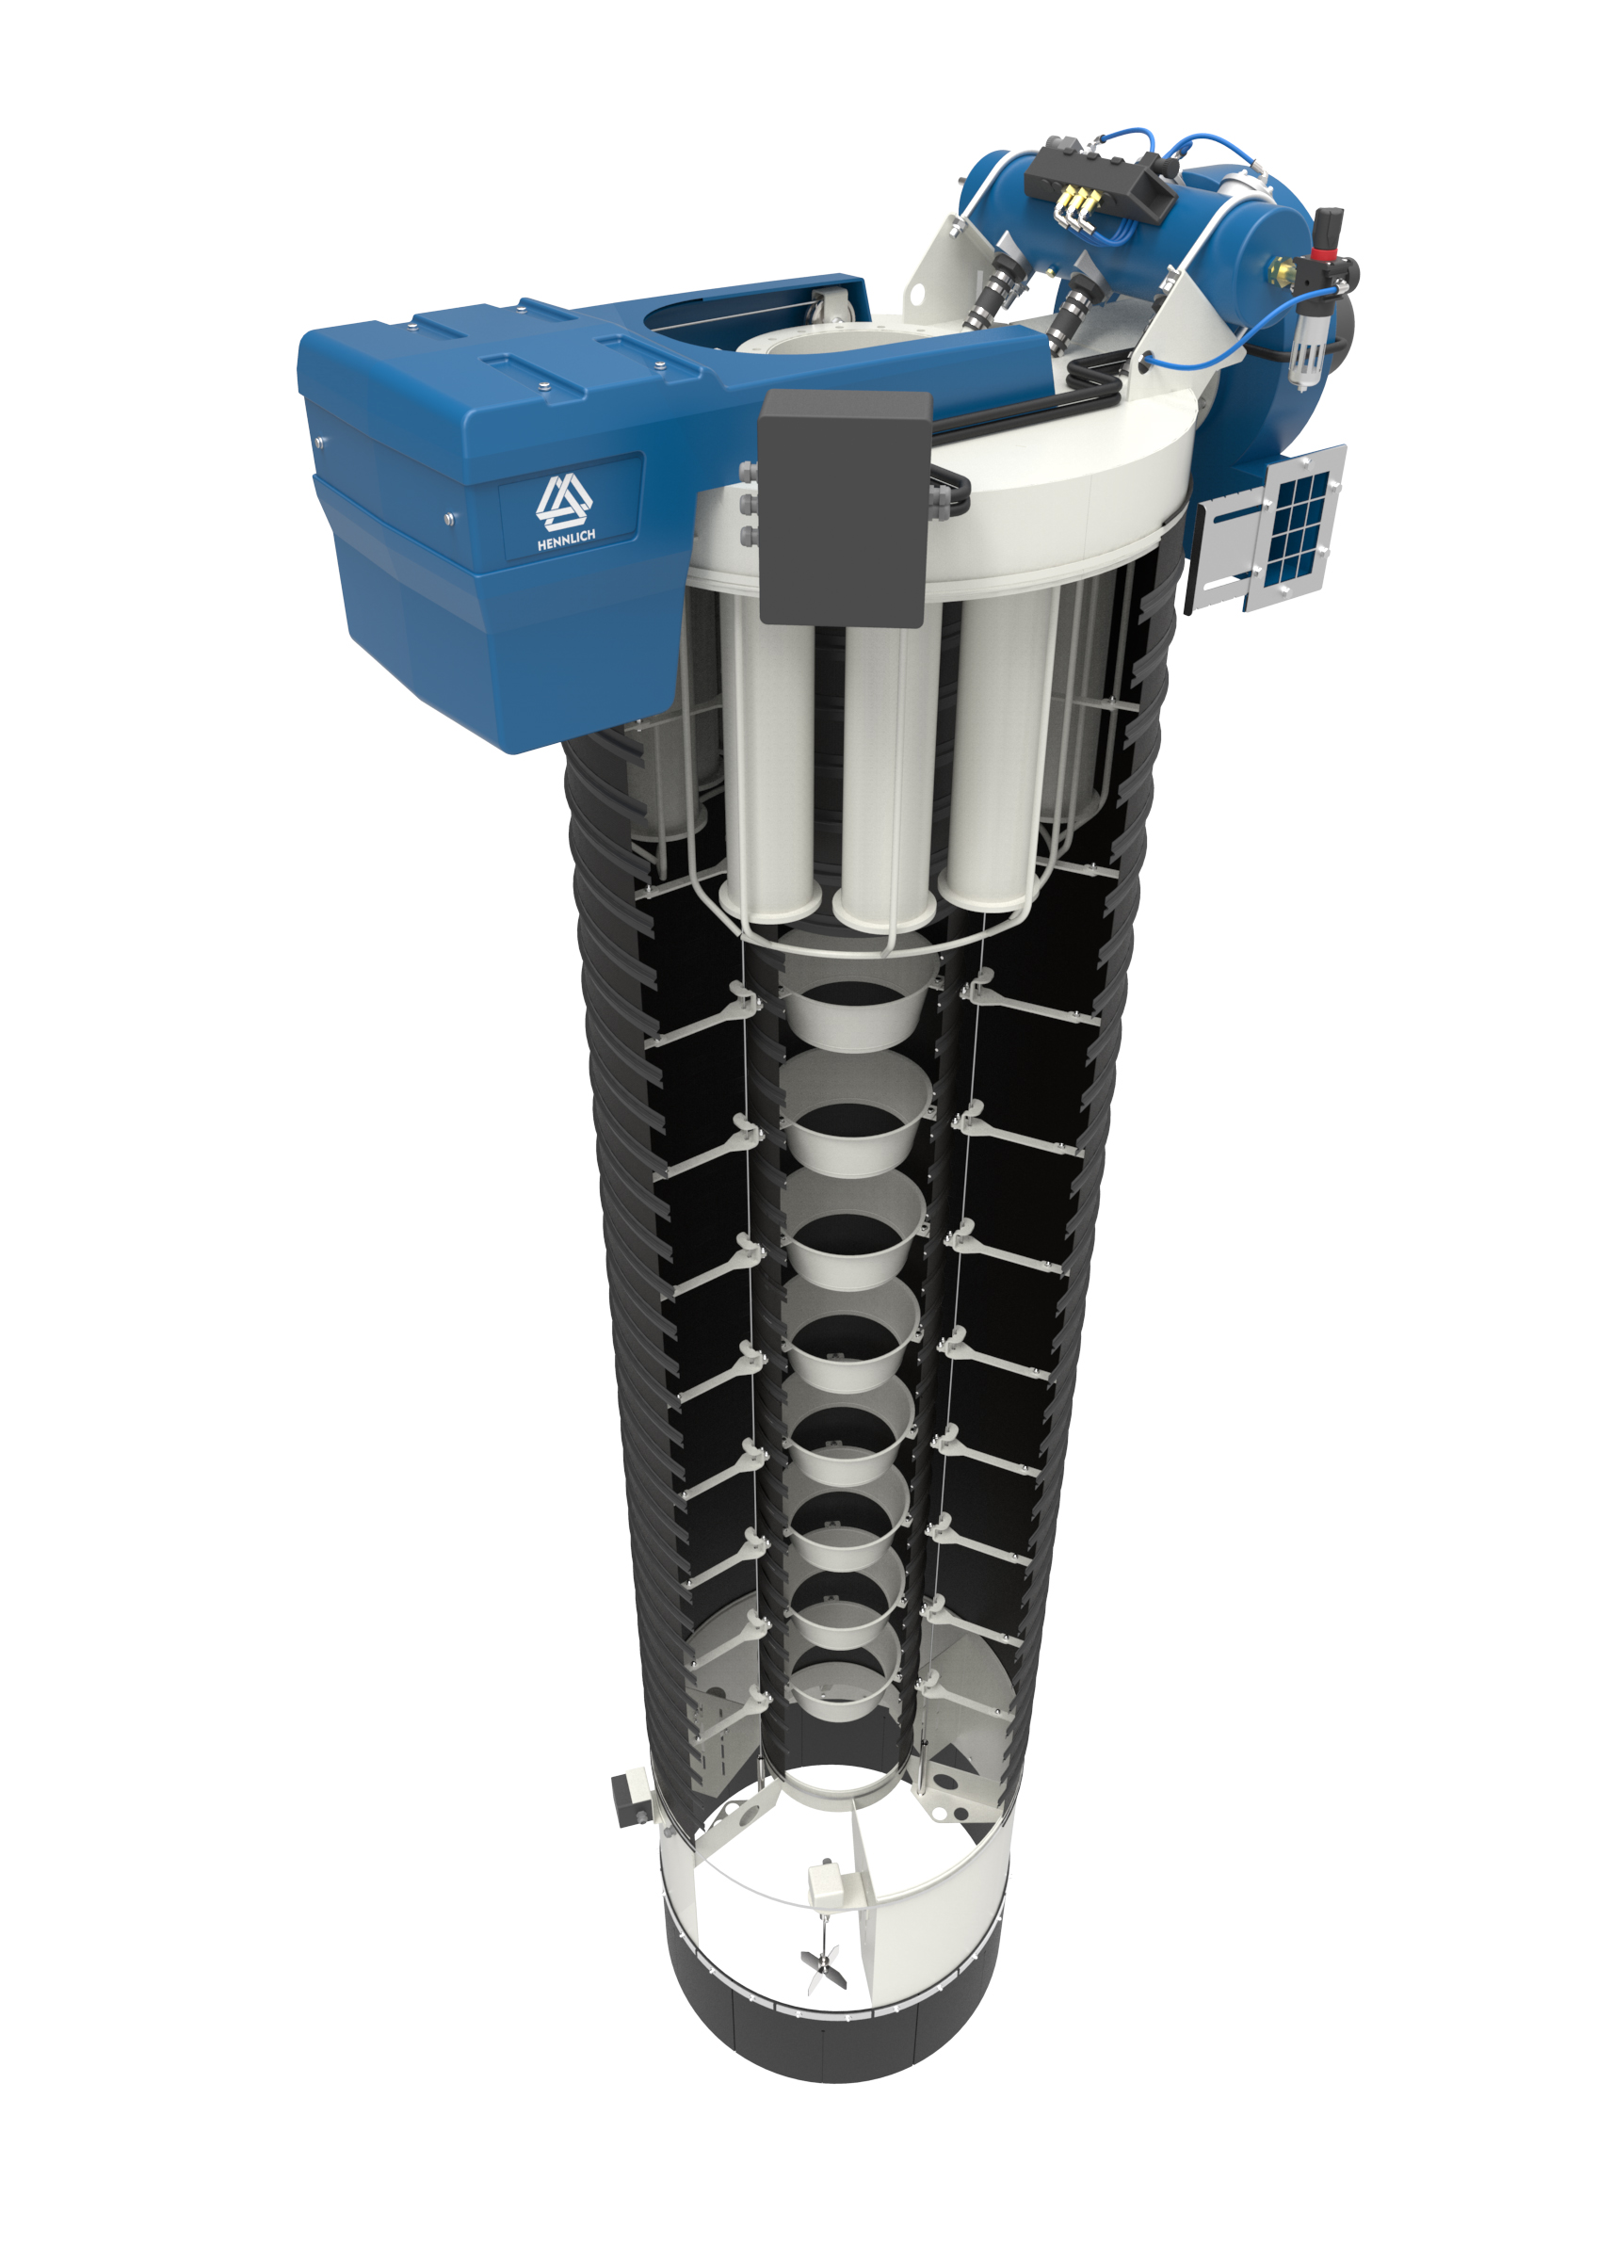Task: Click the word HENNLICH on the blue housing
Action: coord(566,539)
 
